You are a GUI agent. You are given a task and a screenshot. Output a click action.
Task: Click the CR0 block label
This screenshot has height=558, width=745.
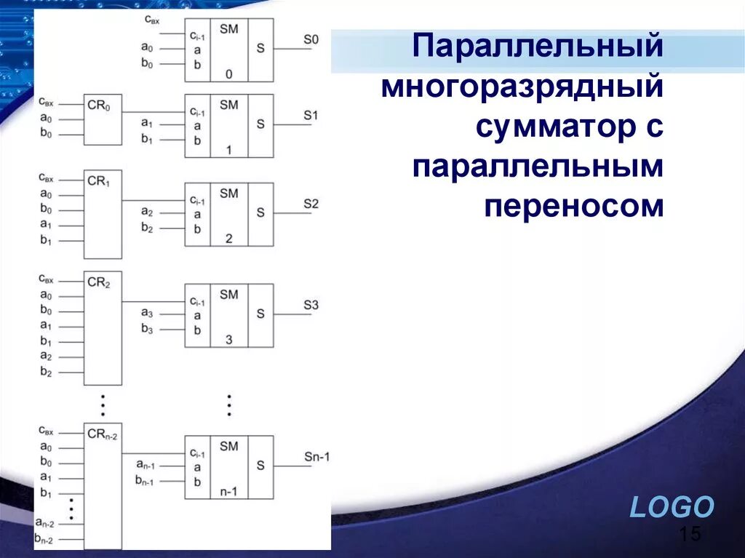(x=98, y=106)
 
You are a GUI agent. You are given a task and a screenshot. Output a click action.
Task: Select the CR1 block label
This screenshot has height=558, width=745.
(x=98, y=180)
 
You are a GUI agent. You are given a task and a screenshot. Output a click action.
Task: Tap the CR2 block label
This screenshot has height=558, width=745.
(x=98, y=282)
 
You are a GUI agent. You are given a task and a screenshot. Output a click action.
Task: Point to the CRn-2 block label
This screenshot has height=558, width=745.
(x=102, y=435)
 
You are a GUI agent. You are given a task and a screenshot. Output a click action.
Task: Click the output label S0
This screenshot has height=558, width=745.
(x=311, y=39)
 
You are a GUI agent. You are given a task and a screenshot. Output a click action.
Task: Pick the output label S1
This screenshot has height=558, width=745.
(x=311, y=115)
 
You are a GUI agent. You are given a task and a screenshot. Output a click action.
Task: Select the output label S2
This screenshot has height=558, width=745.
(x=311, y=204)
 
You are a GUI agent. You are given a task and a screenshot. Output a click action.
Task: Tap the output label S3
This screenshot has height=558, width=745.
(x=311, y=305)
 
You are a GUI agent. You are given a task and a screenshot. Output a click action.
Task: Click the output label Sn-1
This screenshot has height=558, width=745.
(x=316, y=457)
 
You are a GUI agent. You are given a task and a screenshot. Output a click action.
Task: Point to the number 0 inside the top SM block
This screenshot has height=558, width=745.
(x=228, y=74)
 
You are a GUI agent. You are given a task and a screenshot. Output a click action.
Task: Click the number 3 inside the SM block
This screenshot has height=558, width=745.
(x=228, y=340)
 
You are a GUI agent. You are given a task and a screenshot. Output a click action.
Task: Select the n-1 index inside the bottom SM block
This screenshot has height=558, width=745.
(x=228, y=491)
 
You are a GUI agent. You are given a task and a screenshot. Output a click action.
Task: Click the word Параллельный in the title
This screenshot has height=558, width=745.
(x=538, y=47)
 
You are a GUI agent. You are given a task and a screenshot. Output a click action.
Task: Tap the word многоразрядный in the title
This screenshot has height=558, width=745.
(x=522, y=87)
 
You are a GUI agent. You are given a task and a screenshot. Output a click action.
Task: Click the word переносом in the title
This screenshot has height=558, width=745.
(x=574, y=207)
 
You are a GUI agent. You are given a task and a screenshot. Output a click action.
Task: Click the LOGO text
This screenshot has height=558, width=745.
(x=672, y=507)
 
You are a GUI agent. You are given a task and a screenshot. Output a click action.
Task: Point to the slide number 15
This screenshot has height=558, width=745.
(x=690, y=535)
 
